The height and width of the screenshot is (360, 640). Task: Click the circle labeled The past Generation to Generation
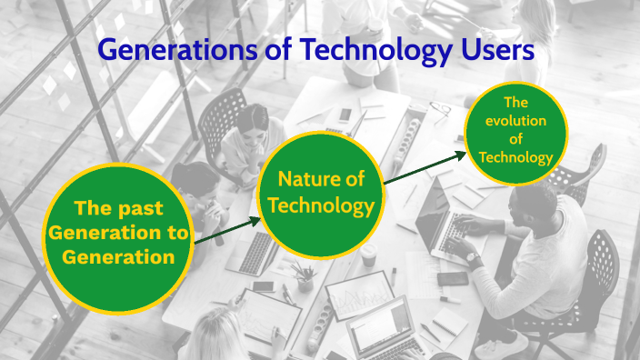(117, 233)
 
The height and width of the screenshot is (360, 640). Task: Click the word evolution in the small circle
(515, 121)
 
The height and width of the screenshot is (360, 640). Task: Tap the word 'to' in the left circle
(179, 233)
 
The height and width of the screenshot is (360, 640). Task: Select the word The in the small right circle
(515, 103)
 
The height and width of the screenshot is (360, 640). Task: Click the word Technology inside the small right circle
(515, 157)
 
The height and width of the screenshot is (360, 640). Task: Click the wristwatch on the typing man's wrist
(473, 258)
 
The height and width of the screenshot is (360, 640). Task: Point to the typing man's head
(529, 209)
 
